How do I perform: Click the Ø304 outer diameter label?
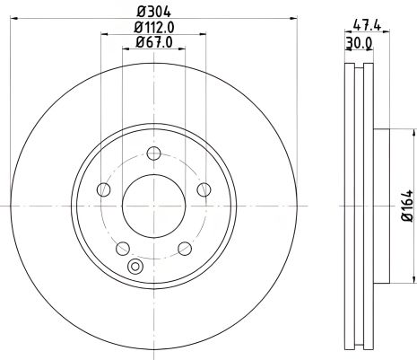click(x=153, y=11)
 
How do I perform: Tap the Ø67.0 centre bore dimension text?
click(x=153, y=43)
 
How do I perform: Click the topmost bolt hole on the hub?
click(x=153, y=153)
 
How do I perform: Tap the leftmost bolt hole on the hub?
click(x=103, y=189)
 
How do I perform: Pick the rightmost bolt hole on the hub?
click(x=204, y=189)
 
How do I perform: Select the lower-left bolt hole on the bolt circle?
click(x=123, y=248)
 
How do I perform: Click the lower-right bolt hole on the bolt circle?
click(x=184, y=248)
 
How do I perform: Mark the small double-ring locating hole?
click(x=136, y=266)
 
